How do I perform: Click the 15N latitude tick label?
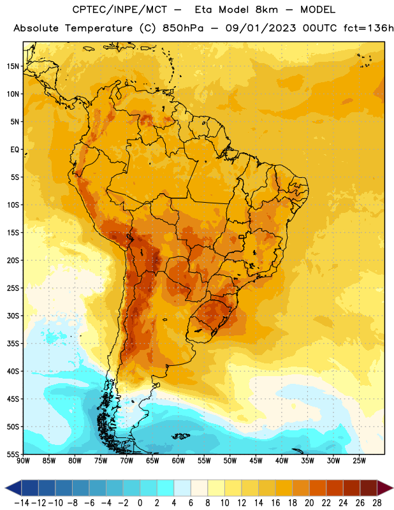click(x=13, y=66)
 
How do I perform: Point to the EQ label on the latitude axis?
click(x=15, y=150)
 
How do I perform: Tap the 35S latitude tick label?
click(x=13, y=344)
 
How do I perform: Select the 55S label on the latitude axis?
click(x=13, y=455)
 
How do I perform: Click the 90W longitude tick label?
click(x=23, y=461)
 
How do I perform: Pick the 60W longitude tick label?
click(x=179, y=461)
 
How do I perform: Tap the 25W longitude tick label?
click(x=359, y=461)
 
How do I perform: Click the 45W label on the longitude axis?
click(x=256, y=461)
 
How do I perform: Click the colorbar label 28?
click(x=377, y=503)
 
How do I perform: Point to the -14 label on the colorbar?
click(x=22, y=503)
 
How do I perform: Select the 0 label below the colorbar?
click(x=140, y=503)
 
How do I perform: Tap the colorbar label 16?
click(x=275, y=503)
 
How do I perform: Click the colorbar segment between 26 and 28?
click(x=368, y=488)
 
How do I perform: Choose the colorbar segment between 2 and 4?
click(x=166, y=488)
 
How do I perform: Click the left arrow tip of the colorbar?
click(x=5, y=488)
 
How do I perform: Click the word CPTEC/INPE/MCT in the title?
click(x=120, y=10)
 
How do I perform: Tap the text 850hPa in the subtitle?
click(x=183, y=28)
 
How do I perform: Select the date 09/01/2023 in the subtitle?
click(x=261, y=28)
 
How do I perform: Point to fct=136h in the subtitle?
click(x=368, y=28)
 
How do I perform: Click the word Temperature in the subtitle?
click(x=99, y=29)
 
